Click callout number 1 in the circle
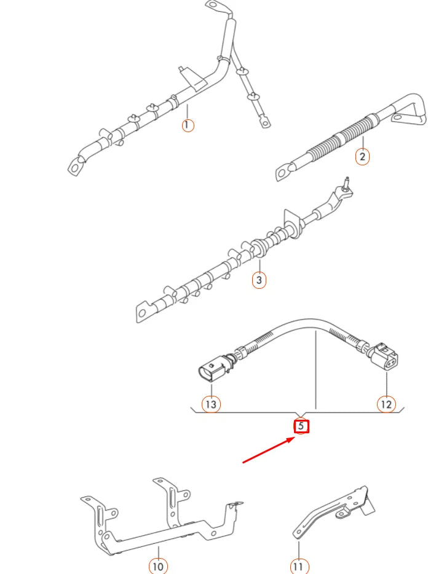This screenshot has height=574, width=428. pyautogui.click(x=188, y=125)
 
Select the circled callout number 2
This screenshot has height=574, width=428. pyautogui.click(x=362, y=157)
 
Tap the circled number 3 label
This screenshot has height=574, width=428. pyautogui.click(x=260, y=281)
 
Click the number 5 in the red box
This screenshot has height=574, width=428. pyautogui.click(x=301, y=425)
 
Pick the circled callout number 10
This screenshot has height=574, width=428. pyautogui.click(x=158, y=565)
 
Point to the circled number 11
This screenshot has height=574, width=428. pyautogui.click(x=299, y=565)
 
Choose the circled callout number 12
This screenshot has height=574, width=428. pyautogui.click(x=386, y=404)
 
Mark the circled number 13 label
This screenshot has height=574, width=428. pyautogui.click(x=212, y=404)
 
